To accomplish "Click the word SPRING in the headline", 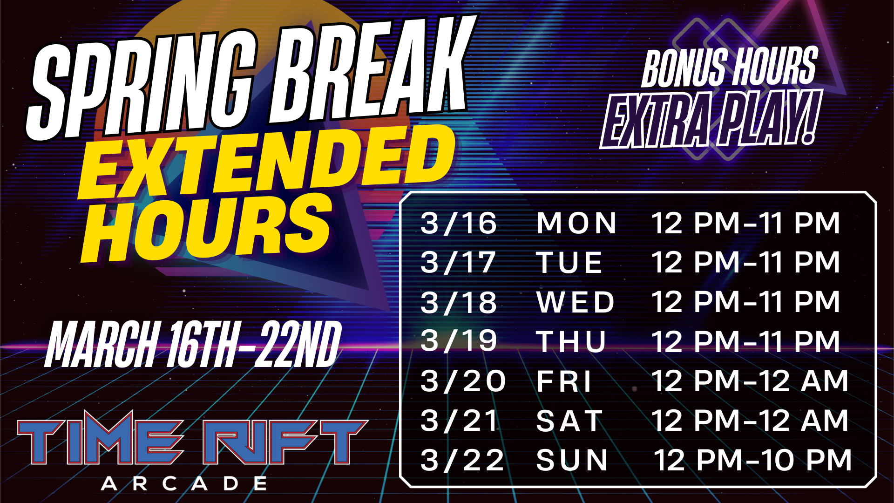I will [x=140, y=86].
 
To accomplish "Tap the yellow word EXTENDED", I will [x=265, y=163].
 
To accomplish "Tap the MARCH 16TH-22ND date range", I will [x=193, y=345].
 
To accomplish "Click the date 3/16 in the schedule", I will [x=459, y=223].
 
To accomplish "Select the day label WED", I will [x=576, y=302].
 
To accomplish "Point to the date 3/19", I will [x=459, y=341].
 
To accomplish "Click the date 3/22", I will [x=462, y=461].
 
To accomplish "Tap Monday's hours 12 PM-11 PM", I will [x=745, y=223].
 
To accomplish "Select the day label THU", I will [x=571, y=341].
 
